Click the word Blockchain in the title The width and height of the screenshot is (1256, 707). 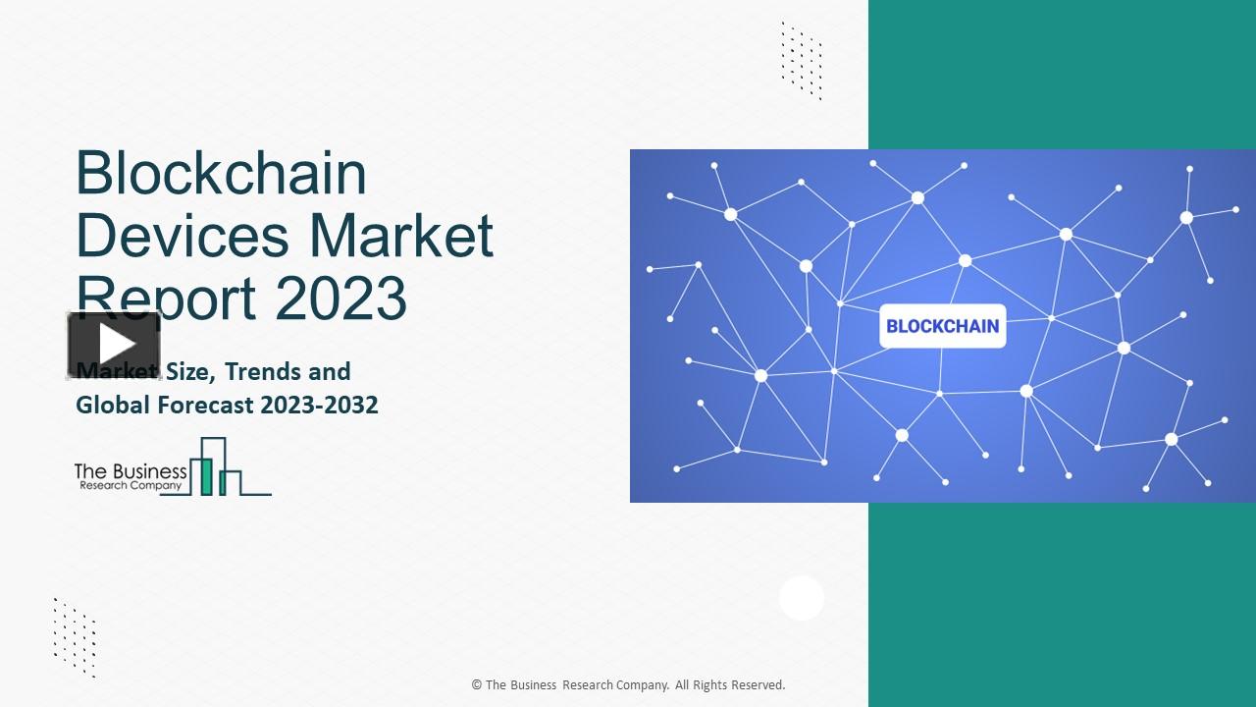click(x=221, y=174)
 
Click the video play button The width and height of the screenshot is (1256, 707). click(x=114, y=345)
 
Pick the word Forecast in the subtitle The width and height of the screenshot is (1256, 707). click(x=205, y=405)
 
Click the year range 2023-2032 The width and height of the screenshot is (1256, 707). click(x=319, y=405)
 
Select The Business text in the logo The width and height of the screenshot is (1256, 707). click(x=130, y=471)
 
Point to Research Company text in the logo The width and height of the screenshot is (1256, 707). click(x=130, y=486)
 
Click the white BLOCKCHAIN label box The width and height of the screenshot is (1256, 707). click(x=942, y=326)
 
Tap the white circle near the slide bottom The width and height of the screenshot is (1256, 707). click(x=802, y=598)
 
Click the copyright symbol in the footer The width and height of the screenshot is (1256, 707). click(x=476, y=685)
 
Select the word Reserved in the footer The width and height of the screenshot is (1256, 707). click(x=757, y=685)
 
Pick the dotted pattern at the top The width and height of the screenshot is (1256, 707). click(x=802, y=61)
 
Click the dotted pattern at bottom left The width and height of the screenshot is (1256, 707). click(x=75, y=637)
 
